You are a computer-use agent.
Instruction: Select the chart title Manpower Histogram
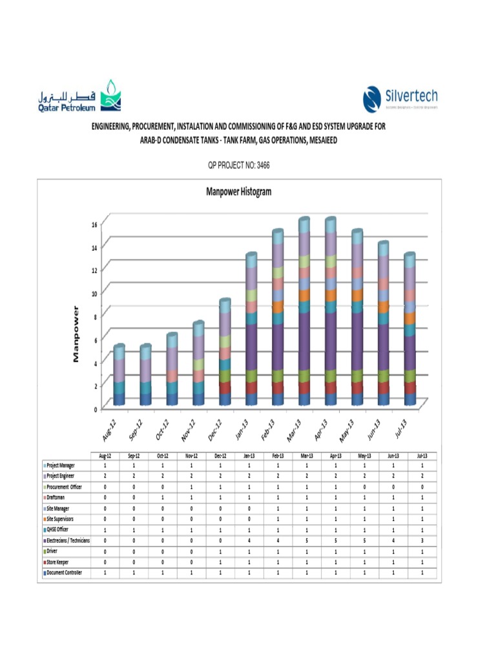coord(238,192)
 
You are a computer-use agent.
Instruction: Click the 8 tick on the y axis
coord(94,316)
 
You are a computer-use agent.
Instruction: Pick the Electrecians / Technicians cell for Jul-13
coord(421,540)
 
